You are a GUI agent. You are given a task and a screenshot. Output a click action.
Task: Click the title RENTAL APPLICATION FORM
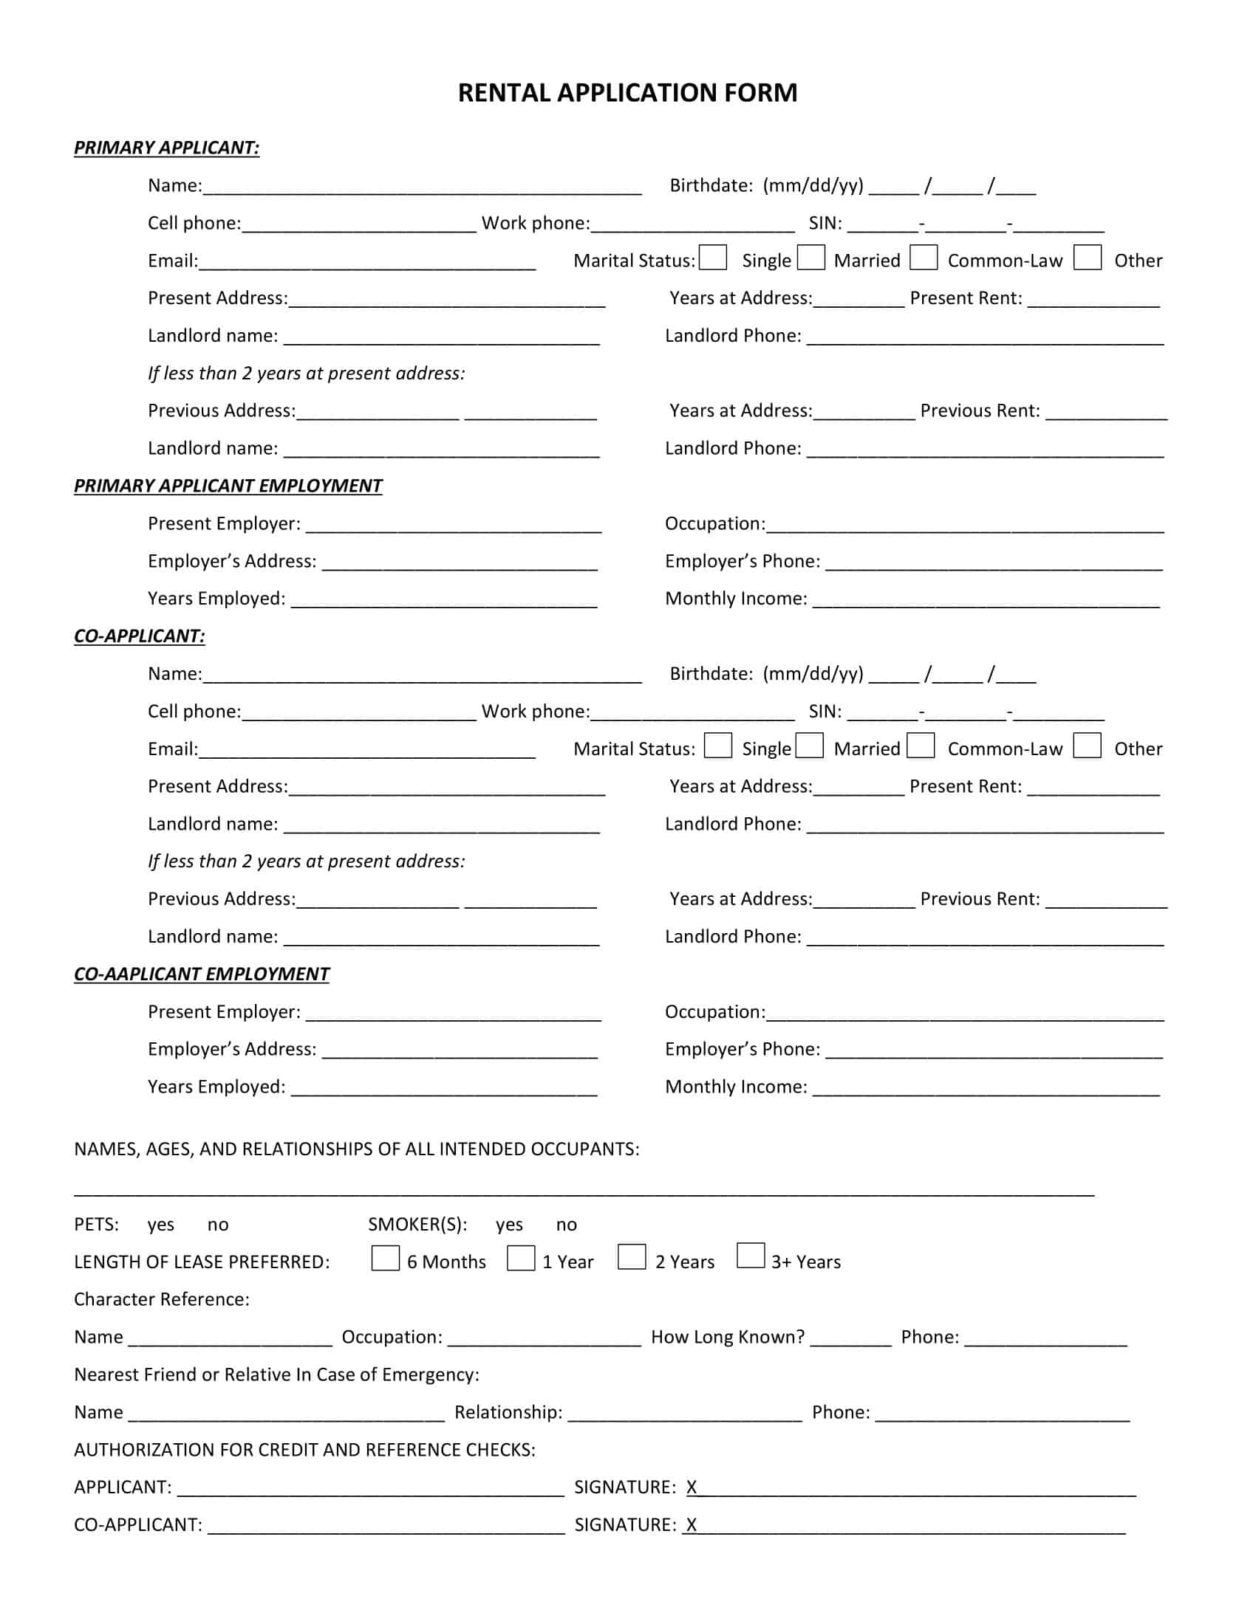627,93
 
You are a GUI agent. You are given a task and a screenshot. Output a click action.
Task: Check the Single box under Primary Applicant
713,258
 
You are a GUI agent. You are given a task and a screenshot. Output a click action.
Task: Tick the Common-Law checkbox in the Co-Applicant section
921,745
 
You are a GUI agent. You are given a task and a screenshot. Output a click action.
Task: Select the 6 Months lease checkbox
386,1258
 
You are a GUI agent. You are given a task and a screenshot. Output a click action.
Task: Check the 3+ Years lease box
751,1255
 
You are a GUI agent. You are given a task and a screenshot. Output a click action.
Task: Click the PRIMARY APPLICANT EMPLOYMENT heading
228,486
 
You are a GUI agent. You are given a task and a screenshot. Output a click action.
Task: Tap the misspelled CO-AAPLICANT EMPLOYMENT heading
201,974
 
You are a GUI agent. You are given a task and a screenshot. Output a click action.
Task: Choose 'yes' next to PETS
161,1225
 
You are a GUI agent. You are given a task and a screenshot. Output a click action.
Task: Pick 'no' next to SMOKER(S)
566,1225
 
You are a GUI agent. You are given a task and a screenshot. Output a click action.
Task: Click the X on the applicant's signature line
692,1487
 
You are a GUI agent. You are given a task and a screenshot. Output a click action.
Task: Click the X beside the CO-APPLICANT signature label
692,1525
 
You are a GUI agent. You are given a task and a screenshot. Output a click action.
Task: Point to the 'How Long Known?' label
728,1337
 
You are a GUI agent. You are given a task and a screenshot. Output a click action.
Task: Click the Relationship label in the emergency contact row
508,1412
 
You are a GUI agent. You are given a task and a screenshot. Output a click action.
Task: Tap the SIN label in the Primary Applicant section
825,223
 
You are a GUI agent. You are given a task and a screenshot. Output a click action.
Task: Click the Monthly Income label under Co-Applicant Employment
735,1087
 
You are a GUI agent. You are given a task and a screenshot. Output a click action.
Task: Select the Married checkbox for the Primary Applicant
811,258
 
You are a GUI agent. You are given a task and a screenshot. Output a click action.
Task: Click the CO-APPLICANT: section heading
139,636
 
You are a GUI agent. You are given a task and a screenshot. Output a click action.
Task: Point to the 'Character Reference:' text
162,1299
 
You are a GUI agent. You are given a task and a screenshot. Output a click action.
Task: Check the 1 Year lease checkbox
521,1258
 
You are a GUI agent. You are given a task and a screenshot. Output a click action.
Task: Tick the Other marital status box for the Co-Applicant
1087,745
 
